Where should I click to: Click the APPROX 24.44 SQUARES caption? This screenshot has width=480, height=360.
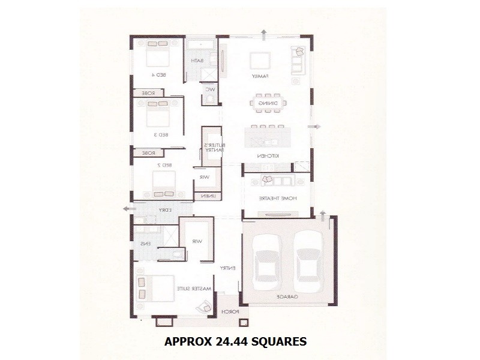point(235,342)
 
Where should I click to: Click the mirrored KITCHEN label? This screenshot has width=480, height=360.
point(268,156)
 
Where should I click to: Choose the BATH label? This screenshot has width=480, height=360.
point(197,61)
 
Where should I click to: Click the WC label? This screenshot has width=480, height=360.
point(210,89)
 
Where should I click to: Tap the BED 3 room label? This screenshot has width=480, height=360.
point(158,134)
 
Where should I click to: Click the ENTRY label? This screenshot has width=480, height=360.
point(227,268)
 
